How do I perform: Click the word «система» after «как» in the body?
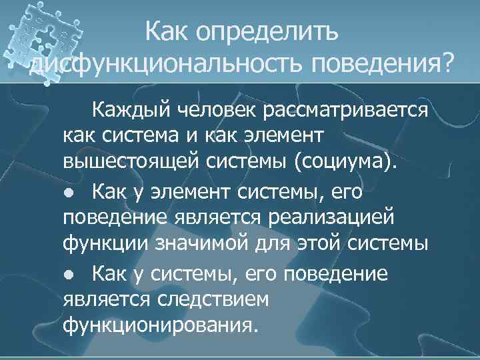[143, 136]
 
